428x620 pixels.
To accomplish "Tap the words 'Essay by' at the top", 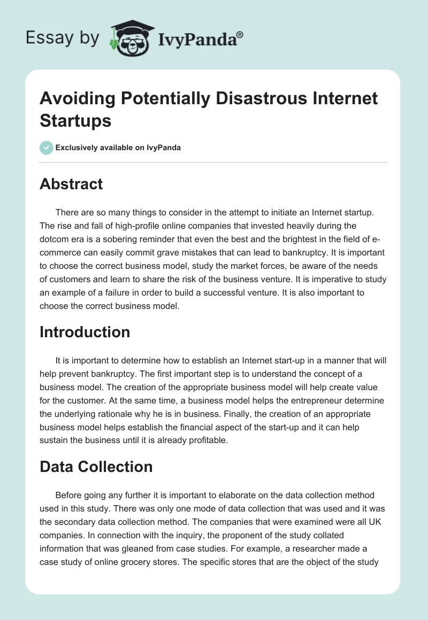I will [62, 38].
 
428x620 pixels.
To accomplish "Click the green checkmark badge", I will [47, 148].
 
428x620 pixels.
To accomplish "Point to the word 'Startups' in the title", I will [75, 120].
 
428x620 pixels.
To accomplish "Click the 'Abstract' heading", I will [71, 184].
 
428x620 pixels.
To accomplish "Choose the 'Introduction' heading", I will [85, 332].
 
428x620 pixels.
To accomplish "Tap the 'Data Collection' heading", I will [96, 467].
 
